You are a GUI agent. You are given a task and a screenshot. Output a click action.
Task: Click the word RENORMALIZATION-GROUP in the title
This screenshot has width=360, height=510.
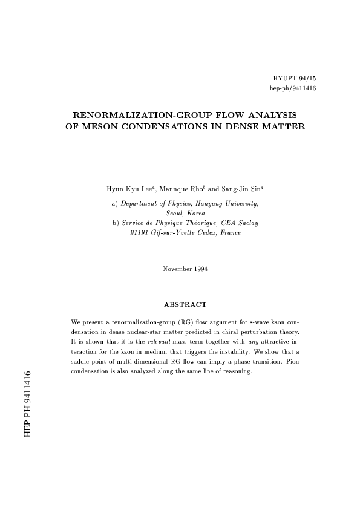[134, 115]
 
